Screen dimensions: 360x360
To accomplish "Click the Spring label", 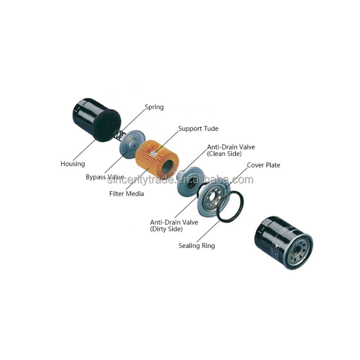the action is [154, 108].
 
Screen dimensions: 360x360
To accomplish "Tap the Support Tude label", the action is [198, 129].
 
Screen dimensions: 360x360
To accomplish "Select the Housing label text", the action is [72, 164].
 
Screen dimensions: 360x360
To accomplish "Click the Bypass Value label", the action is [104, 177].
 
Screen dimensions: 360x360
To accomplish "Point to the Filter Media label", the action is [126, 194].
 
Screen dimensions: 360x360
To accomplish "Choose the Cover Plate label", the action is [263, 165].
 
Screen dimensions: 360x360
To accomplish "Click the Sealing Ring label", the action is [197, 246].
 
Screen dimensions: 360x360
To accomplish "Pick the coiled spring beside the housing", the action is [118, 133].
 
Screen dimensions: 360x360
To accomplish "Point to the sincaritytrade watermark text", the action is [180, 180].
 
